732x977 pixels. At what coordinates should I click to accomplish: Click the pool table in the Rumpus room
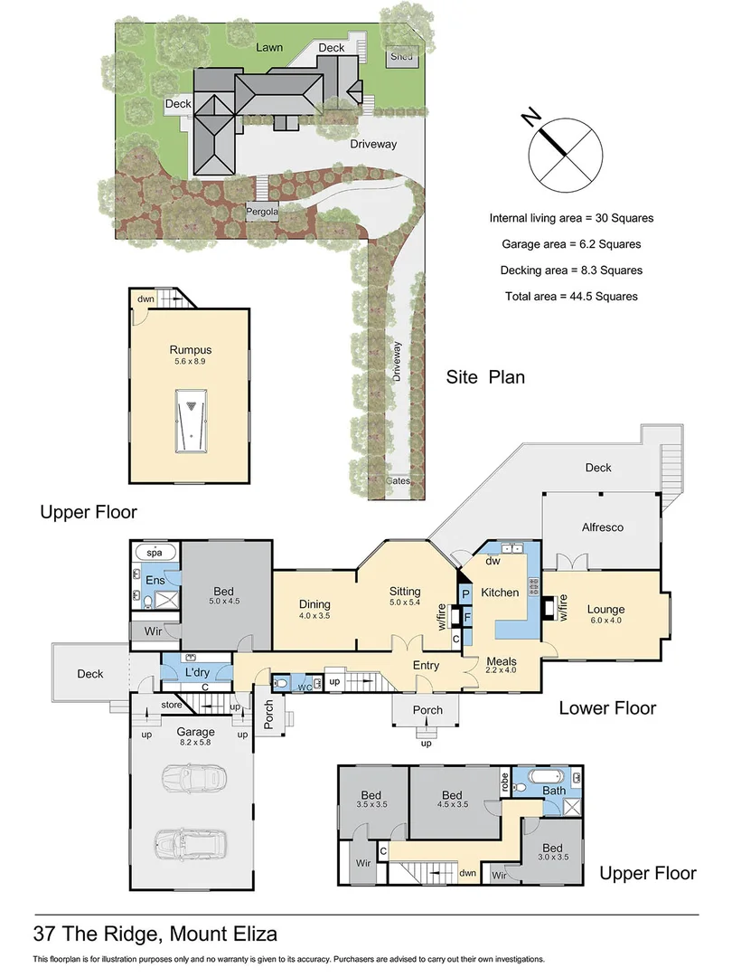191,421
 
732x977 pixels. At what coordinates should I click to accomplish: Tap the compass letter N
530,116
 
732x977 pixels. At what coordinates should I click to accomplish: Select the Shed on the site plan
401,57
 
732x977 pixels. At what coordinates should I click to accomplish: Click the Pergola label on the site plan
262,212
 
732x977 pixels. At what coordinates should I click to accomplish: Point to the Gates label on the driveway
398,481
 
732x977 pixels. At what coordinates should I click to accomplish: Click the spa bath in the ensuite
155,552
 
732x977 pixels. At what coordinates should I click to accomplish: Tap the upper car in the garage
192,777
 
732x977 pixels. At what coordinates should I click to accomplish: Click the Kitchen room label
500,593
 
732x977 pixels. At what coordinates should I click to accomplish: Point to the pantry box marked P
465,593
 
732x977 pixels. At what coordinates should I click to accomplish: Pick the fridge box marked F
467,618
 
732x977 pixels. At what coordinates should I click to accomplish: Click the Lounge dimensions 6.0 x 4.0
605,621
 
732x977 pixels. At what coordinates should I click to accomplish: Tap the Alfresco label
603,527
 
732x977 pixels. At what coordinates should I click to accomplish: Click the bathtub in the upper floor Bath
546,777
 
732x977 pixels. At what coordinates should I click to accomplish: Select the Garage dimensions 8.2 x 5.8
195,743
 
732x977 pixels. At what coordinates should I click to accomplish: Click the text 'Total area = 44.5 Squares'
571,297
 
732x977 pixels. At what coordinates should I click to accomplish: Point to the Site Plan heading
485,377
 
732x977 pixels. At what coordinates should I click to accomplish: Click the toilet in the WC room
281,684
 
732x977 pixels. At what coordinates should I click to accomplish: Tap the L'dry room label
197,672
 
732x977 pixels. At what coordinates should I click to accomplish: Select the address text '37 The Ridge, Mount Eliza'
155,934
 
